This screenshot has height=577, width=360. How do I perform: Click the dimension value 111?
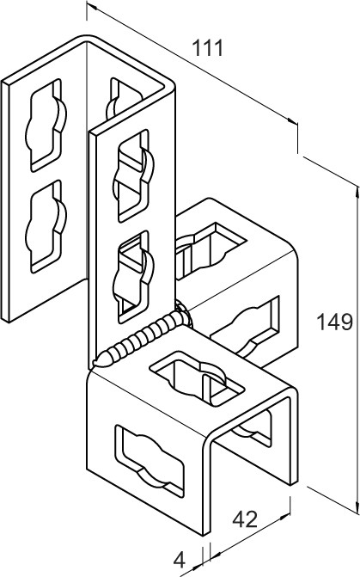pos(208,48)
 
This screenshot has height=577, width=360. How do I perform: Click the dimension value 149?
pos(334,322)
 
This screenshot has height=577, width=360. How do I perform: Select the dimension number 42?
pos(245,519)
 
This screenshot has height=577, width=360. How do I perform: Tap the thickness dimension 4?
pos(179,561)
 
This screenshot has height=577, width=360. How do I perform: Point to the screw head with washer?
pos(182,312)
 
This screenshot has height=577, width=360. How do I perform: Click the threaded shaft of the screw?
pos(140,338)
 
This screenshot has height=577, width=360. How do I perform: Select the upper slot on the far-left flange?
pos(46,125)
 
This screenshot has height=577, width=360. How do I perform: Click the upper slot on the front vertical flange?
pos(133,175)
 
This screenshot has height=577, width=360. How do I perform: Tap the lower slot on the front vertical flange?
pos(133,277)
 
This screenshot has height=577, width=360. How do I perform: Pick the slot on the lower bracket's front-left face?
pos(149,462)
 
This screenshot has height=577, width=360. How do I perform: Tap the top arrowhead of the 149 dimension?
pos(357,193)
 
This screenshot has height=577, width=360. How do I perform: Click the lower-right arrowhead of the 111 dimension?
pos(292,121)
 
